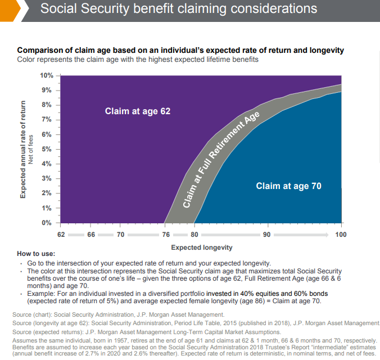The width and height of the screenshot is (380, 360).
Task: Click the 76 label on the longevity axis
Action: (x=166, y=234)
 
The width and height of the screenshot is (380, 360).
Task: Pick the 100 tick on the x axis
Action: (x=341, y=234)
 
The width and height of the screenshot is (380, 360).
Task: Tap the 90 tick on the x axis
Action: (x=266, y=234)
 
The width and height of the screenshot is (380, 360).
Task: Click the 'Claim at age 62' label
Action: (x=137, y=111)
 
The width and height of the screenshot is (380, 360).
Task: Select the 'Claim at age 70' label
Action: (x=289, y=186)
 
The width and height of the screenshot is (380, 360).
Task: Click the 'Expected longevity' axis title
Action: (x=201, y=247)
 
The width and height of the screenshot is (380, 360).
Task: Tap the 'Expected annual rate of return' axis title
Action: (x=23, y=149)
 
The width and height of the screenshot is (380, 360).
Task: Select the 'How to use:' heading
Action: (x=36, y=254)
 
